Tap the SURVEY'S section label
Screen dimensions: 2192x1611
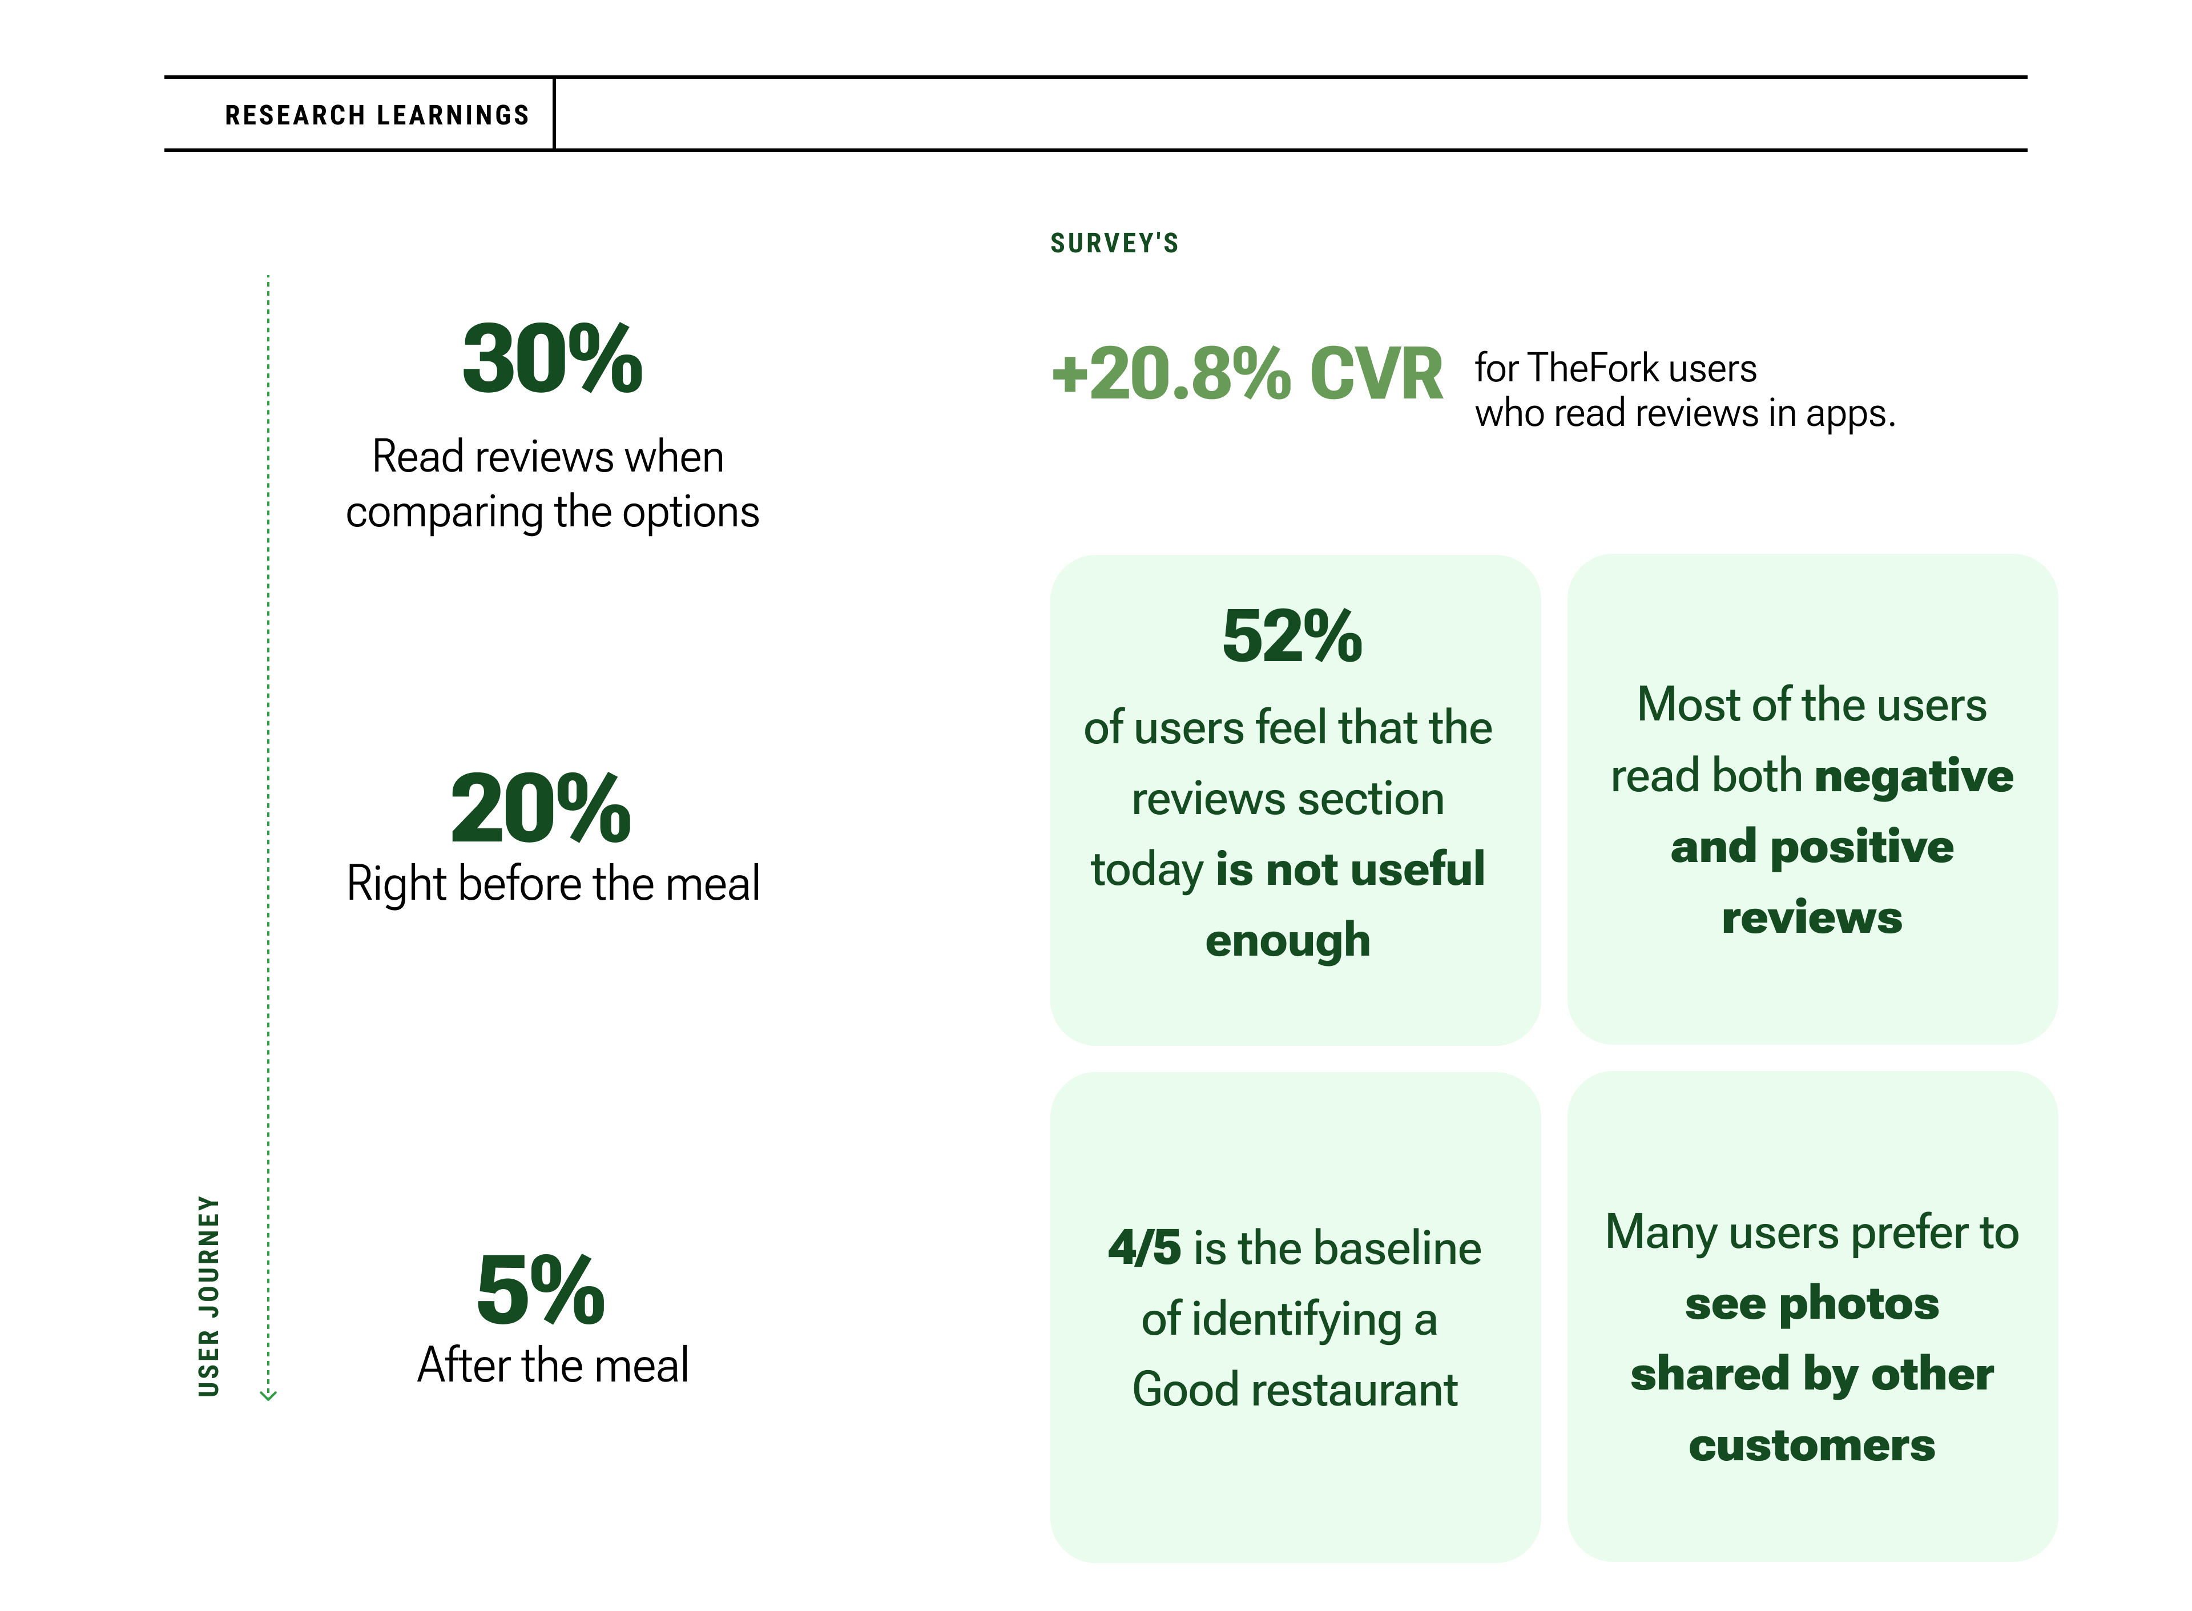[1114, 243]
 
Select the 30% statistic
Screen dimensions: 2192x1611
[552, 359]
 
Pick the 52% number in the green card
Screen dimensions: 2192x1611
[1292, 636]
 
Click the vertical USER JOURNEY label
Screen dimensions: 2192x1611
[209, 1295]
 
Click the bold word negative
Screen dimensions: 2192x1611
[1913, 776]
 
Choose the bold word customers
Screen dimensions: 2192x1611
[1812, 1445]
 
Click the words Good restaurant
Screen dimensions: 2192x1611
[1295, 1390]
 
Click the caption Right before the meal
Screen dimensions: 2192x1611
[553, 884]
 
